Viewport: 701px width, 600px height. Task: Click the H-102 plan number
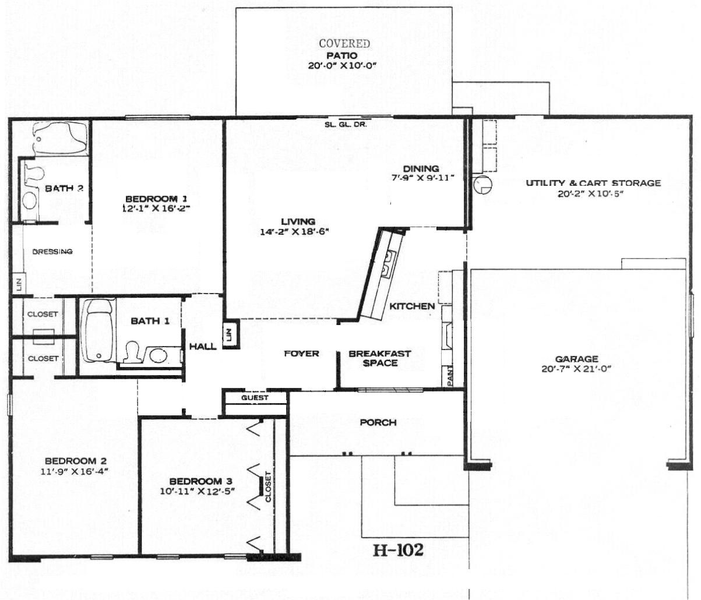coord(398,550)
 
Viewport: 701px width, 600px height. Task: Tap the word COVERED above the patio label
coord(344,44)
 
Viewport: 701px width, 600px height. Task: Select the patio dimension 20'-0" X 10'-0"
coord(342,66)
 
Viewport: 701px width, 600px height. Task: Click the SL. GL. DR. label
coord(346,125)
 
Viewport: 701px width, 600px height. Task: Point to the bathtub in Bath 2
coord(61,138)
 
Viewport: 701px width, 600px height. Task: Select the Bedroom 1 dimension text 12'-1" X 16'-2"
coord(156,209)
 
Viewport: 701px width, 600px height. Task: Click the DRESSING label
coord(52,252)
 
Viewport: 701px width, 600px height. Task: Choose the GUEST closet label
coord(255,398)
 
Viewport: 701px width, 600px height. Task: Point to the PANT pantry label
coord(450,375)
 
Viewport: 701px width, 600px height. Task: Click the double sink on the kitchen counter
coord(389,264)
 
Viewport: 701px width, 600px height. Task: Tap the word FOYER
coord(301,354)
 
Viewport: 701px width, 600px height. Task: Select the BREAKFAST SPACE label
coord(380,358)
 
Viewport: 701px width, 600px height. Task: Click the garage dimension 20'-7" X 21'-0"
coord(576,369)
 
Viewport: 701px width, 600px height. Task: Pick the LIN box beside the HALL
coord(231,334)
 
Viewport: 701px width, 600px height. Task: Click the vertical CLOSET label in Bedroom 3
coord(268,487)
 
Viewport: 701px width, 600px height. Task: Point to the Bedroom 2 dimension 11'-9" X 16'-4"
coord(74,471)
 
